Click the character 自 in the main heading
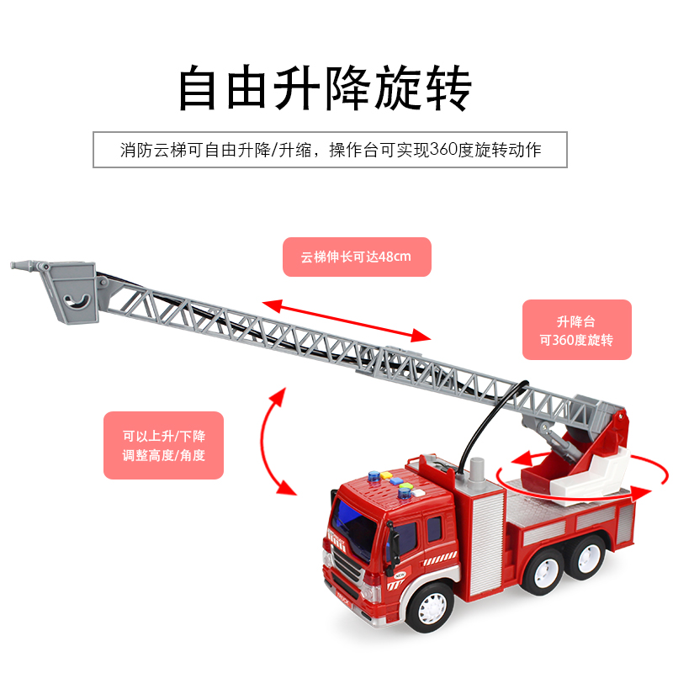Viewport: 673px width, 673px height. pyautogui.click(x=201, y=88)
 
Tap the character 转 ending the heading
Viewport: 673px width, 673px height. pyautogui.click(x=447, y=88)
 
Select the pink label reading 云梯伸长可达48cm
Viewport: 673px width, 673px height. pyautogui.click(x=356, y=257)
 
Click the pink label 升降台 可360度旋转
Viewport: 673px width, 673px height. pyautogui.click(x=576, y=331)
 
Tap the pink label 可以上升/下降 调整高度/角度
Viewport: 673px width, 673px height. pyautogui.click(x=163, y=445)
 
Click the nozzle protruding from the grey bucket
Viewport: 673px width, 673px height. pyautogui.click(x=26, y=266)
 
